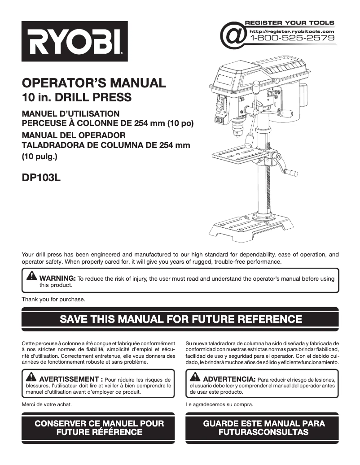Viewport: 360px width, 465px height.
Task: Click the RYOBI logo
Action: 75,41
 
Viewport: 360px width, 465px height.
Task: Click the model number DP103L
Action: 41,178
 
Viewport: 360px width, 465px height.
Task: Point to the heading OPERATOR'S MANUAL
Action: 94,83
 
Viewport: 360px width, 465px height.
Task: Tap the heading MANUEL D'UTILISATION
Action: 70,113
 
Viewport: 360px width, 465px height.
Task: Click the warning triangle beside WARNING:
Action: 32,275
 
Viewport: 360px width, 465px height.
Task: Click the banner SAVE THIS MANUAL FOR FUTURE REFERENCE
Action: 180,319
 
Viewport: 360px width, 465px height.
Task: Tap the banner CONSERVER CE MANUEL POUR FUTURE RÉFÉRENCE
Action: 99,428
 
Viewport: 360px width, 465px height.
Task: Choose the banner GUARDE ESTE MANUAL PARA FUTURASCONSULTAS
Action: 263,428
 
